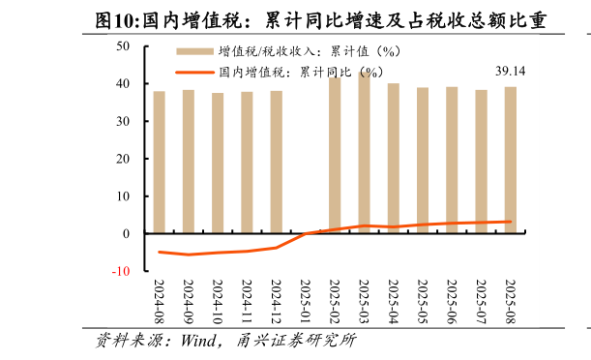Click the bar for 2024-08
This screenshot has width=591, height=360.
[159, 163]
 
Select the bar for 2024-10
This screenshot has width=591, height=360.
[218, 164]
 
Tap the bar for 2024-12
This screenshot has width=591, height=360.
[276, 163]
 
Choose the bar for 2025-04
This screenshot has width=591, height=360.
[394, 159]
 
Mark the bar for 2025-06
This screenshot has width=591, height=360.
[452, 161]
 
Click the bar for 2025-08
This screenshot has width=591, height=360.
[510, 161]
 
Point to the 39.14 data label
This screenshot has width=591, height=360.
[510, 72]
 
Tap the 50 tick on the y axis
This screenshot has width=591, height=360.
[123, 46]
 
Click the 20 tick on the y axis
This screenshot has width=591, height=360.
[123, 159]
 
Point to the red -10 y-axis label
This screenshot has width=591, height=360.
[120, 271]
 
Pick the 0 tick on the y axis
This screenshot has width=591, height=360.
[126, 234]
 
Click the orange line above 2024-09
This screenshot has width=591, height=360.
[189, 255]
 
